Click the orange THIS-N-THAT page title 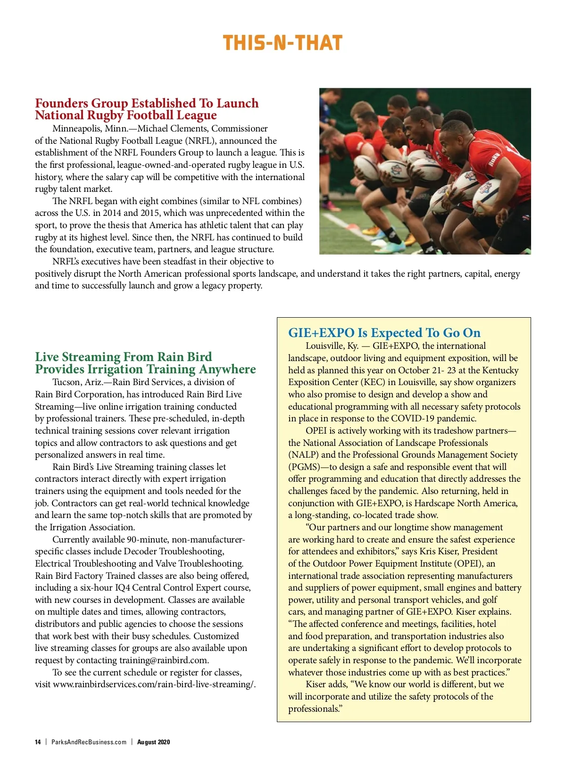click(x=282, y=43)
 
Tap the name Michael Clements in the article click(x=173, y=129)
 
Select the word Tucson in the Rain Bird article click(x=66, y=382)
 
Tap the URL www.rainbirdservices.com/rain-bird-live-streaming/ click(x=154, y=684)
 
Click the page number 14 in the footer click(x=38, y=742)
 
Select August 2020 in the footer click(x=153, y=742)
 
